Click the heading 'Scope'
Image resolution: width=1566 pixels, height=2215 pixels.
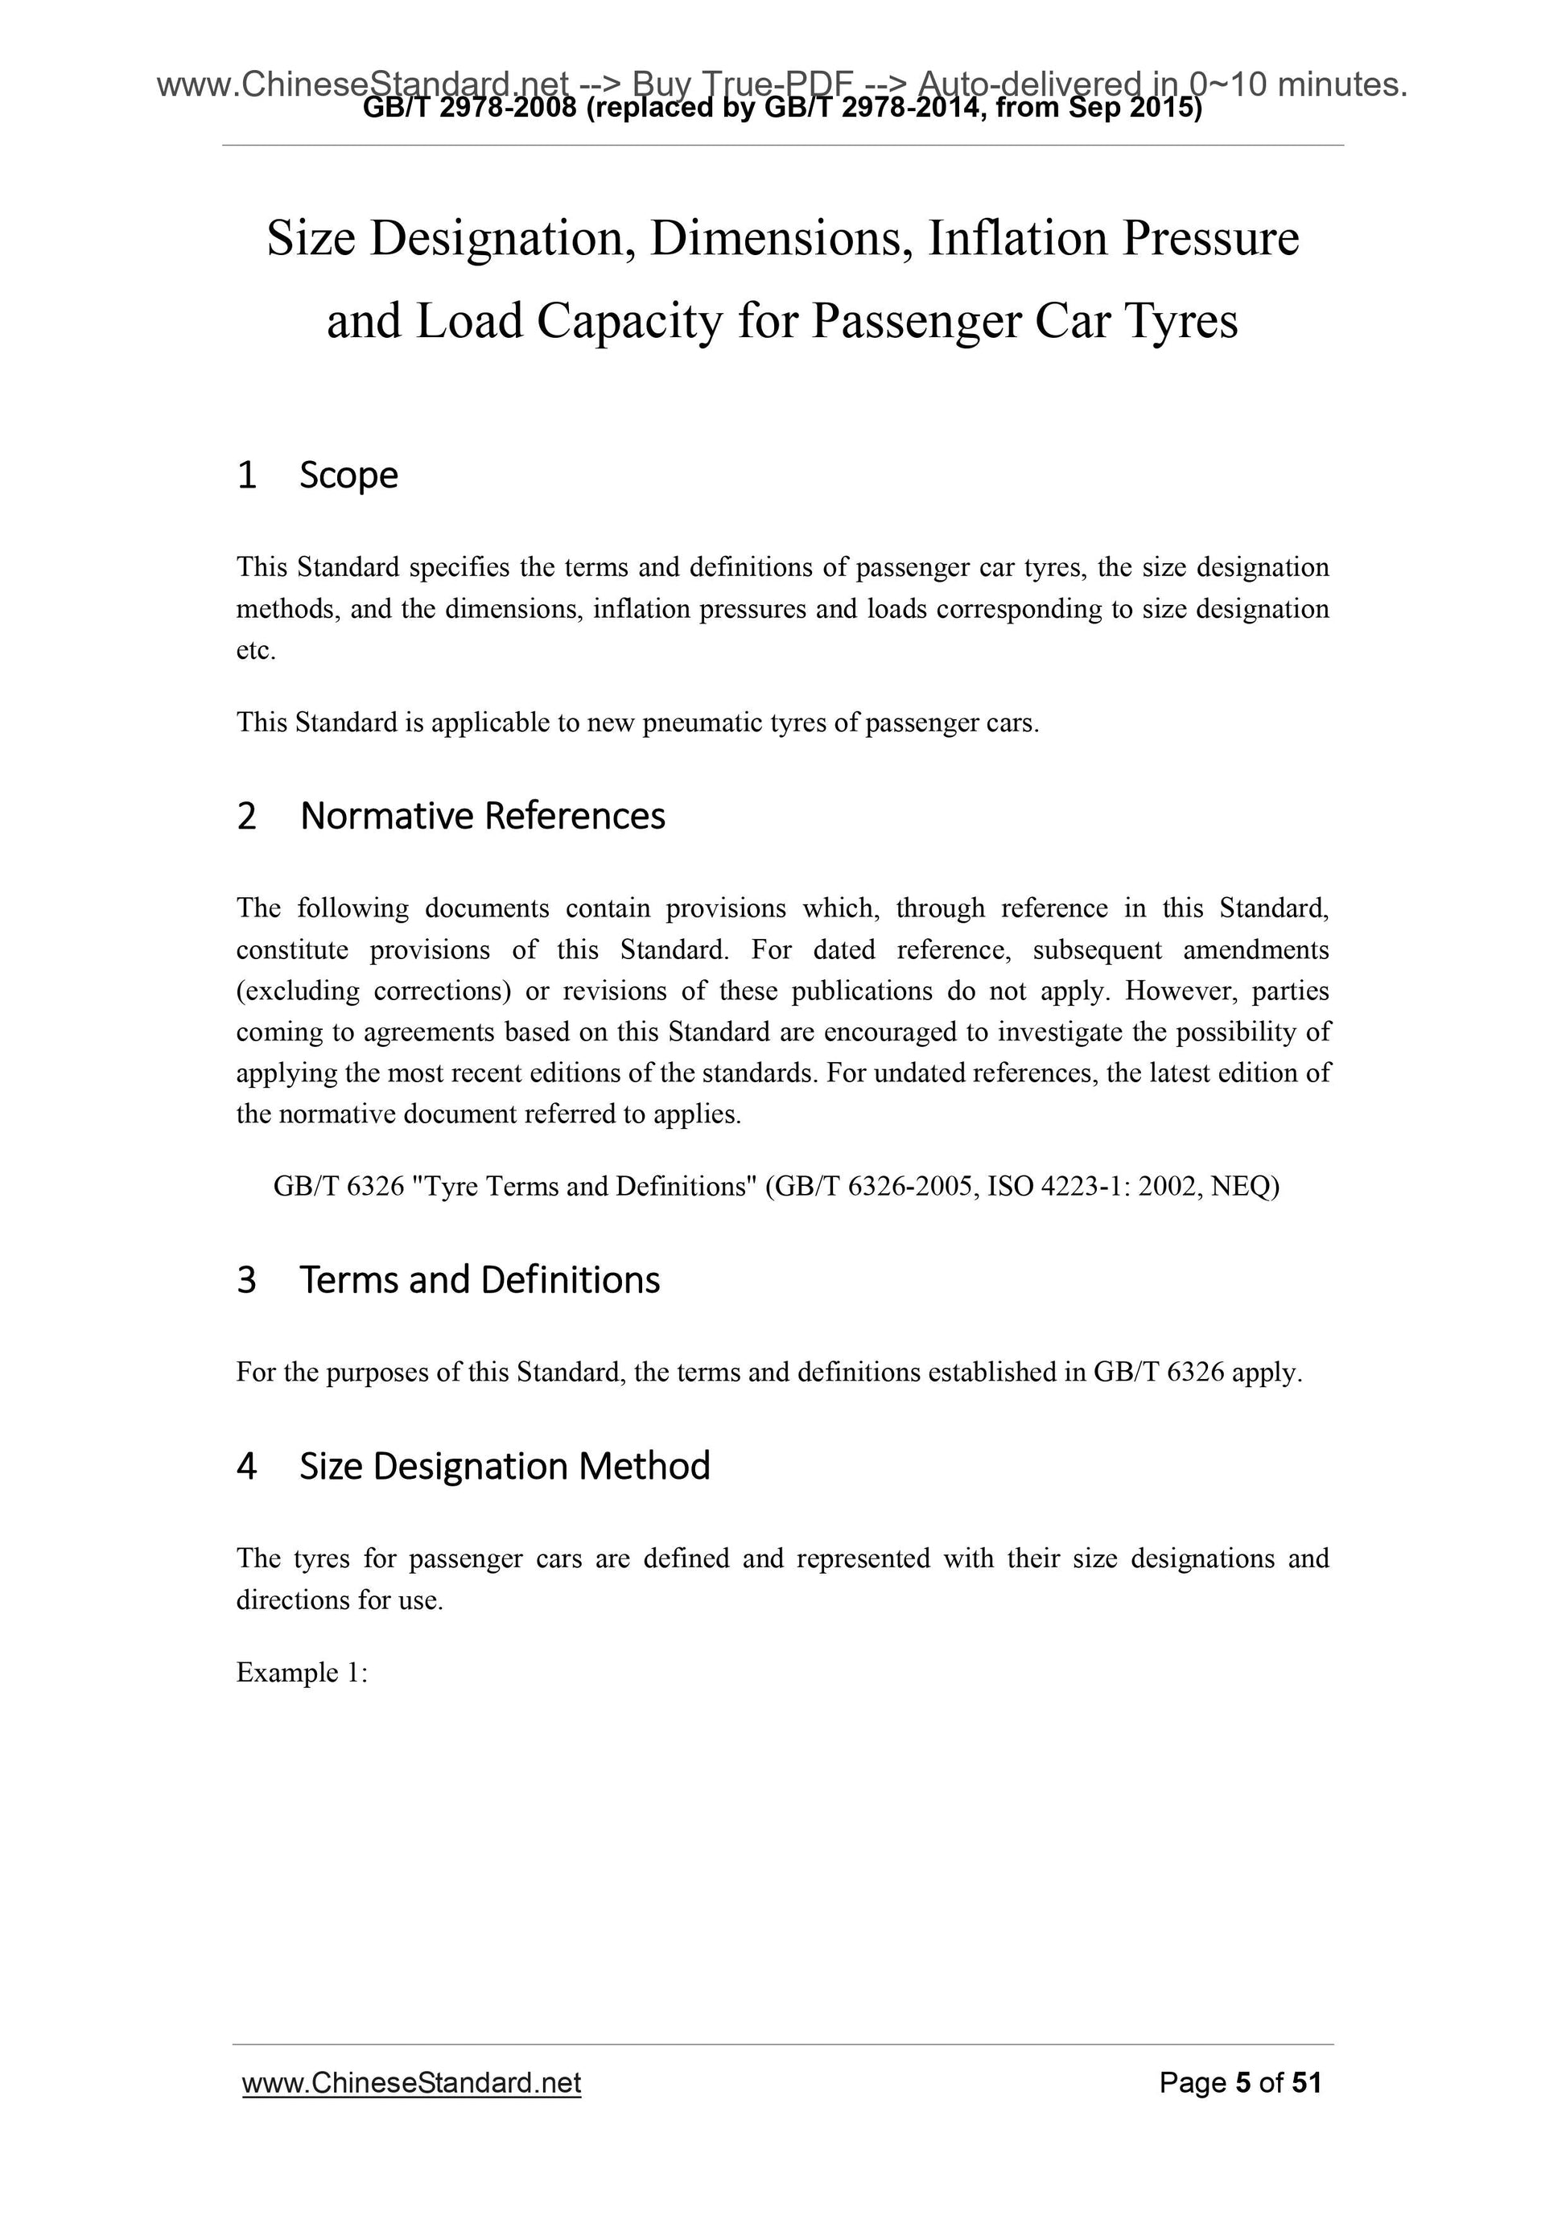point(348,476)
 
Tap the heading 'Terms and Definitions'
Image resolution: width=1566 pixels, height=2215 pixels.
point(479,1280)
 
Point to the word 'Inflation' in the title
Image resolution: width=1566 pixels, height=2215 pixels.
point(1017,238)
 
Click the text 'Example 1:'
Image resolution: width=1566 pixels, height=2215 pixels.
point(302,1673)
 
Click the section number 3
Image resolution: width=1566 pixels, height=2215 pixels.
point(247,1280)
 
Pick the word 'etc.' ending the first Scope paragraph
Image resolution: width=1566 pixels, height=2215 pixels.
point(257,651)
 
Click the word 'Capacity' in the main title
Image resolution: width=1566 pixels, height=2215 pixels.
point(629,321)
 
